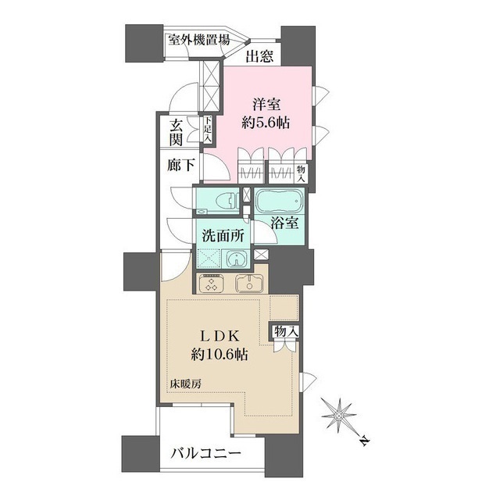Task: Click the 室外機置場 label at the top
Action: (198, 40)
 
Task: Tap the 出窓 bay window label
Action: (258, 56)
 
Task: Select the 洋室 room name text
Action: (267, 103)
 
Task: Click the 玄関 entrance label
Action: (177, 133)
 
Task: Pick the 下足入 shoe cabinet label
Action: (208, 130)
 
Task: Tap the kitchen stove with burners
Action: (212, 284)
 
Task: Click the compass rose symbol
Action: (340, 414)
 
